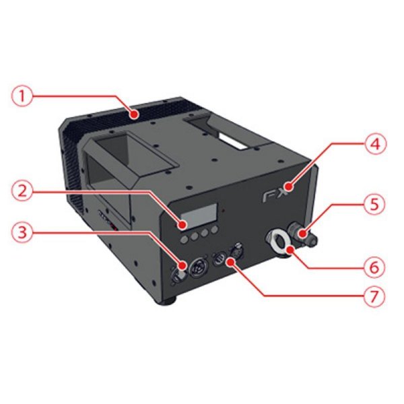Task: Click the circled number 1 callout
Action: coord(22,96)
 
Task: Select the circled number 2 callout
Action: coord(22,191)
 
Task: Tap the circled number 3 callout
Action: coord(22,234)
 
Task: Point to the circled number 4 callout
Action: coord(376,144)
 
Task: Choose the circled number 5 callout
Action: coord(374,204)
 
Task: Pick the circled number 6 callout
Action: coord(374,267)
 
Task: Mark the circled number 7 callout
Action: coord(374,296)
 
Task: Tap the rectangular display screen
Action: coord(198,215)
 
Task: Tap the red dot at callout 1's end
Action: coord(134,114)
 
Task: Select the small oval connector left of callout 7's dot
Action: coord(219,259)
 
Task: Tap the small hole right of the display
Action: coord(224,211)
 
